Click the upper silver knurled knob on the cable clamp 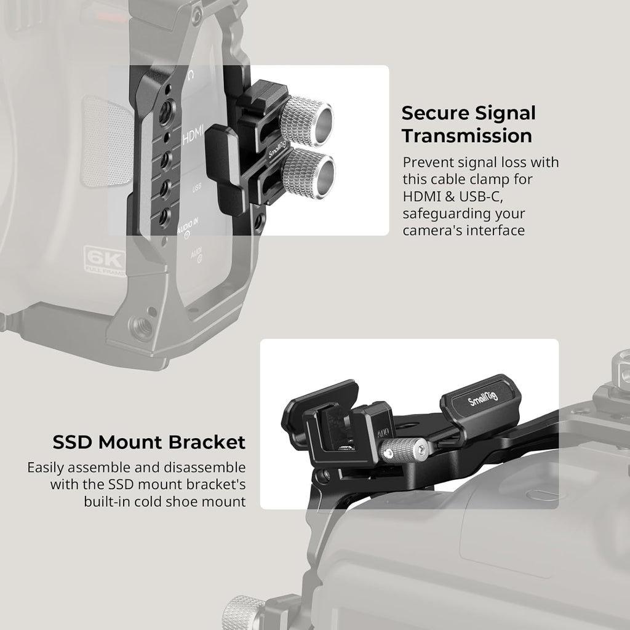[306, 120]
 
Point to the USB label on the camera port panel [197, 188]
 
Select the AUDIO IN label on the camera [188, 231]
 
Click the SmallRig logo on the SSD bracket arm [482, 401]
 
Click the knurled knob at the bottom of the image [244, 612]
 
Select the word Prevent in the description [429, 162]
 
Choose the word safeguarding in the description [449, 213]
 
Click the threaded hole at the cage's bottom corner [142, 327]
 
